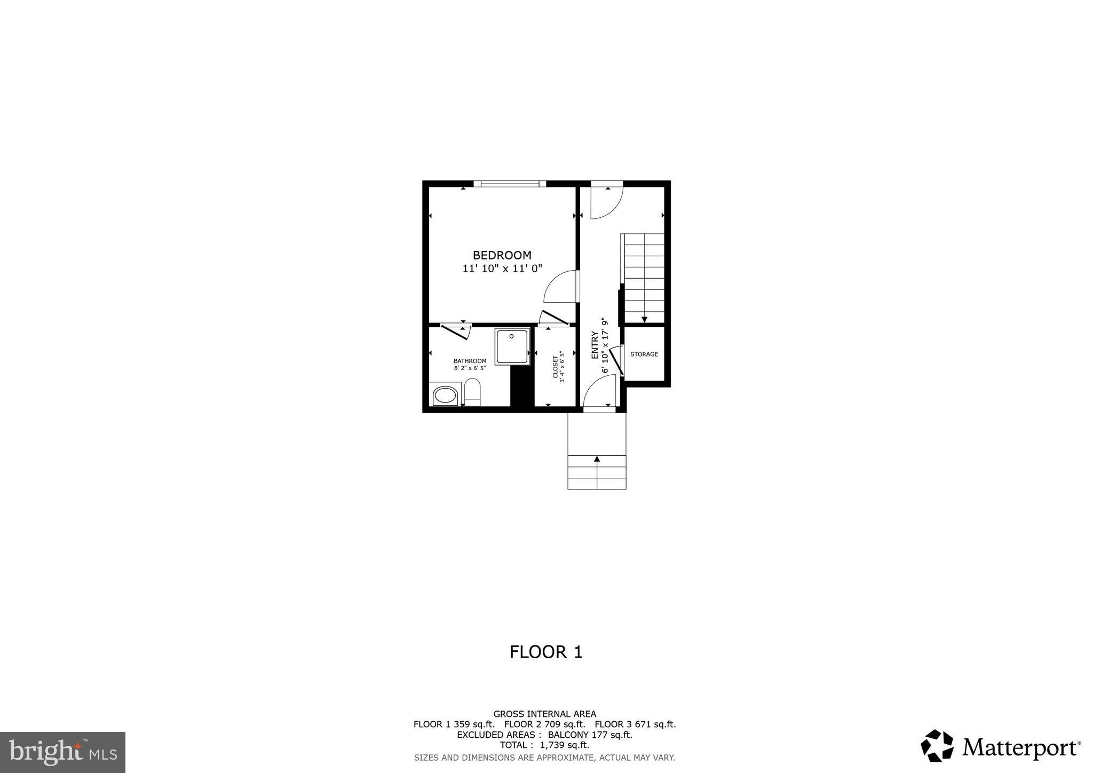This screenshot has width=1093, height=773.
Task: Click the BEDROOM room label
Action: (502, 255)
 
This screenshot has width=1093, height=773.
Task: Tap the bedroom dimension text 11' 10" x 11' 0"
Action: (502, 269)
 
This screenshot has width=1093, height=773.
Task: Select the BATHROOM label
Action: (470, 361)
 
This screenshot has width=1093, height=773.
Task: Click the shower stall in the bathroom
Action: (512, 346)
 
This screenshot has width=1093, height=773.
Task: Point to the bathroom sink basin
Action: (445, 396)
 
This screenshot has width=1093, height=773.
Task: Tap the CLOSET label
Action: (555, 367)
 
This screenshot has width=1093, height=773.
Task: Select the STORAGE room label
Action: (644, 354)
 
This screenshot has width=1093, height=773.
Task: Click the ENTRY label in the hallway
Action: (595, 345)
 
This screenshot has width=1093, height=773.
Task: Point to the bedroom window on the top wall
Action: (510, 184)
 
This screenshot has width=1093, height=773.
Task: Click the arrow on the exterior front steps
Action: (597, 459)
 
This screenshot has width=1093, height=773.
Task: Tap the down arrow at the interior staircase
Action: (644, 319)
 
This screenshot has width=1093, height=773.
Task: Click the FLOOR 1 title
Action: (545, 652)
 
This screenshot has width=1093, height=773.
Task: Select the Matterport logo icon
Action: (937, 745)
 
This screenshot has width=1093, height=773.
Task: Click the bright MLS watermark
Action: (62, 753)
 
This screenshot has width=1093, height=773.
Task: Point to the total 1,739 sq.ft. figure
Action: (565, 745)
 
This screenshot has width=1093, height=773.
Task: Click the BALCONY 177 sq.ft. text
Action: (590, 735)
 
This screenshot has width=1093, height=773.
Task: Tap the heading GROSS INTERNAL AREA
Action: (544, 714)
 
